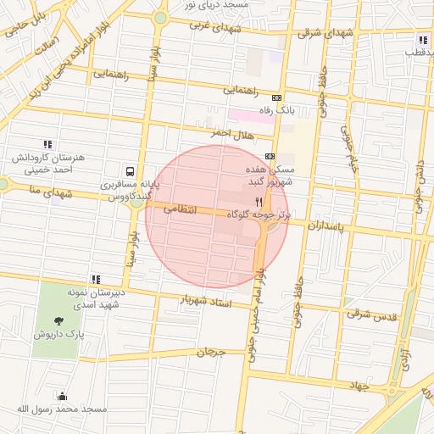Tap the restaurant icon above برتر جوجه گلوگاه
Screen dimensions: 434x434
[259, 203]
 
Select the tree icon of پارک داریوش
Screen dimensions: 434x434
[58, 320]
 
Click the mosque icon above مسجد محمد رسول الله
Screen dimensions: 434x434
[61, 396]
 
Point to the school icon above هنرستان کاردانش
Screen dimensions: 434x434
[47, 144]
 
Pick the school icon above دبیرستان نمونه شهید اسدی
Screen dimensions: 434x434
[96, 279]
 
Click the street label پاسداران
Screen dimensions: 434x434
[326, 226]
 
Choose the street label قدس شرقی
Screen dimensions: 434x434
[370, 314]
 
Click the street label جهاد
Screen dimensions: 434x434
[359, 386]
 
